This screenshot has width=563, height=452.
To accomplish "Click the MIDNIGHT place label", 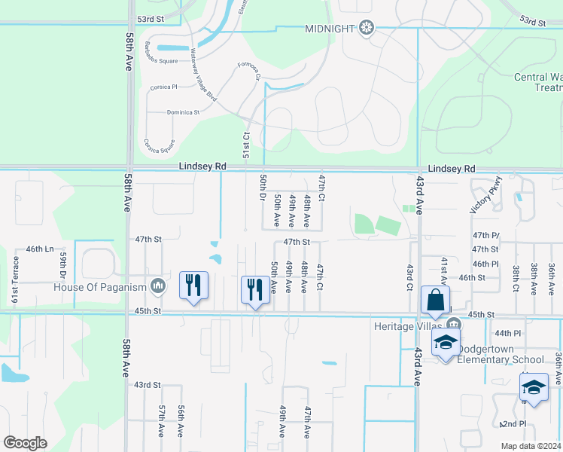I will pos(329,29).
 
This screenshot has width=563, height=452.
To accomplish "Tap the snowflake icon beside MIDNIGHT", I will pos(366,29).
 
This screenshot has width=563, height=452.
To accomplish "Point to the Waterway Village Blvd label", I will pos(203,77).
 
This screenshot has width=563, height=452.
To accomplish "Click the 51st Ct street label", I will pos(245,145).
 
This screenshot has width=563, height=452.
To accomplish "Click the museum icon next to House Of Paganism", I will pos(158,286).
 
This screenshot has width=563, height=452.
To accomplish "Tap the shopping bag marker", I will pos(435,300).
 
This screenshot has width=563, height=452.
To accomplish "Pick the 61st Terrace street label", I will pos(15,278).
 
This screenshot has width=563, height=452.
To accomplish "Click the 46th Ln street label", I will pos(40,249).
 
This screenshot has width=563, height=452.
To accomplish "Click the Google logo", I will pos(26,443).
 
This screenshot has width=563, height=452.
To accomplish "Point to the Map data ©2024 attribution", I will pos(531,446).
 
